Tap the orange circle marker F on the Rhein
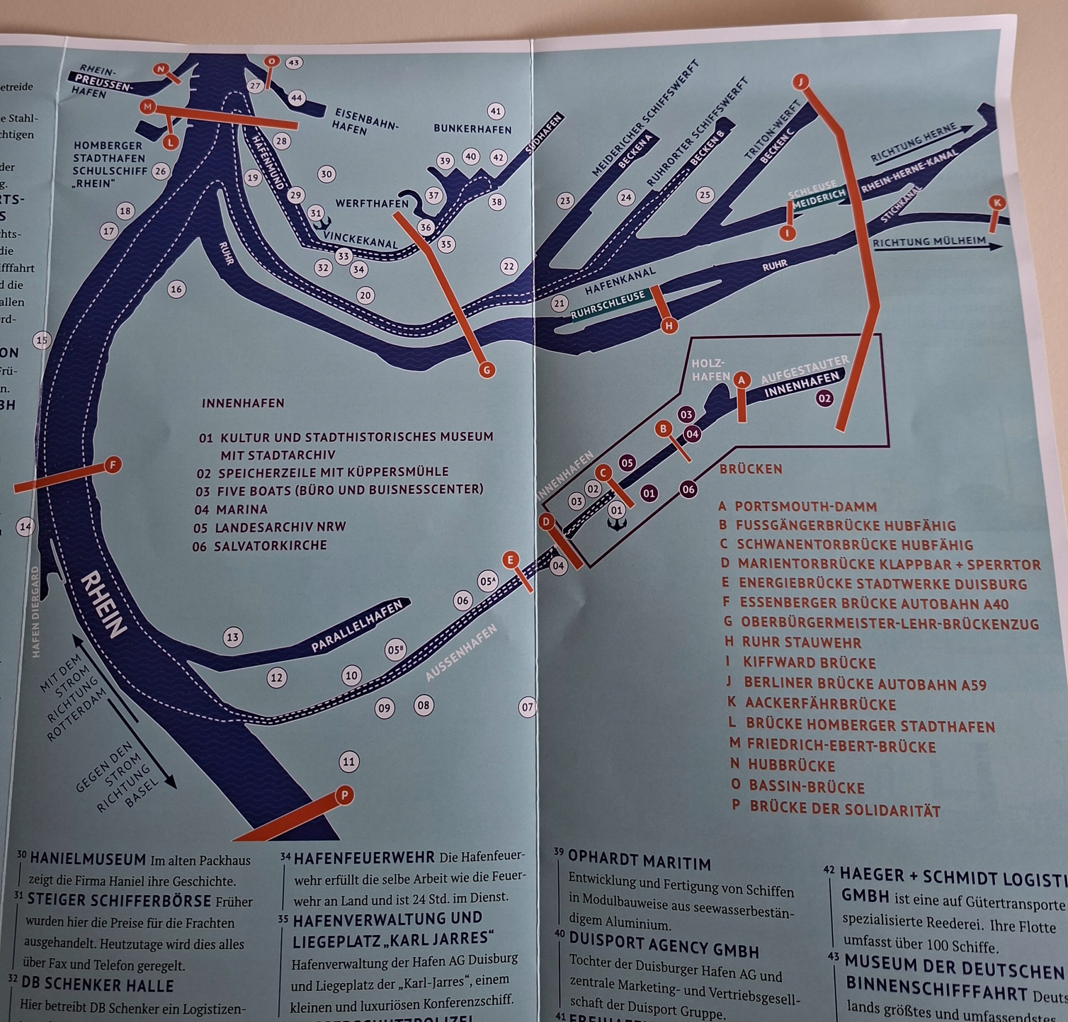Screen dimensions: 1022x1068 pos(113,465)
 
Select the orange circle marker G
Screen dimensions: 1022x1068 pos(486,370)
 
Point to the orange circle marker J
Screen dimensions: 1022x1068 pos(801,82)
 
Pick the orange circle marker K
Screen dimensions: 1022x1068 pos(997,203)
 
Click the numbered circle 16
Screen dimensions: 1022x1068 pos(176,289)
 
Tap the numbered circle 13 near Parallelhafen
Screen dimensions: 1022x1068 pos(233,637)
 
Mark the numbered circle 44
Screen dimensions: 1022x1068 pos(297,98)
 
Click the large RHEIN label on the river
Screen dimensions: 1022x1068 pos(103,604)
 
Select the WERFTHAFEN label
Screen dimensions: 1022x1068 pos(372,203)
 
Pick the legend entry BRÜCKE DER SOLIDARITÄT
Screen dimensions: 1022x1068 pos(844,810)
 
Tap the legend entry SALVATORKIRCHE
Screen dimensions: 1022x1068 pos(270,545)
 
